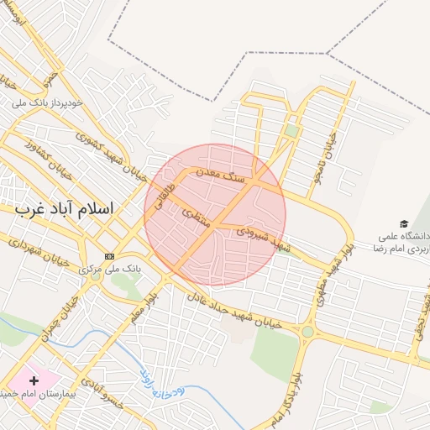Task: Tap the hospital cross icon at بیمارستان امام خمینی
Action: coord(34,381)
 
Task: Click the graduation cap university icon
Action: coord(405,224)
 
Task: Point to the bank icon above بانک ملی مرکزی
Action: coord(109,255)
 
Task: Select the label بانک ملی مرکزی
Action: coord(107,268)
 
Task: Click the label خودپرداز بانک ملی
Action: coord(46,102)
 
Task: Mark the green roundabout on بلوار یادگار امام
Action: coord(307,332)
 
